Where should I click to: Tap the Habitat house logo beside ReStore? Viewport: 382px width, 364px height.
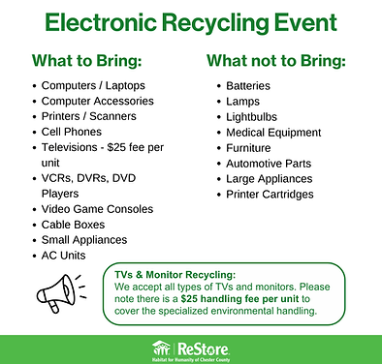point(161,349)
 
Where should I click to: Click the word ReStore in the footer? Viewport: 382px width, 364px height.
point(204,349)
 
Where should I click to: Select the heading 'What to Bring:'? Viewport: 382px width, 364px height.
point(87,61)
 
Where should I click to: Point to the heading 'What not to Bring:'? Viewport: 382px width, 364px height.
point(276,61)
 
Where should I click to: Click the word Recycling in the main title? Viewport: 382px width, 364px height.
point(215,23)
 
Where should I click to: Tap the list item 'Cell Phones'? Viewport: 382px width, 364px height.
point(72,132)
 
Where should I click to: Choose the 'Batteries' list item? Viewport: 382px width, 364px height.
point(248,86)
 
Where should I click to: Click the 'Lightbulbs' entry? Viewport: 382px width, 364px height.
point(251,117)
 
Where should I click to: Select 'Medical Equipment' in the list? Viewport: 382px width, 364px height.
point(273,133)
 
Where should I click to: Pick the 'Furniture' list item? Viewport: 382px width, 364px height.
point(248,148)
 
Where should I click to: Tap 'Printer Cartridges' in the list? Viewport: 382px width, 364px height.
point(270,195)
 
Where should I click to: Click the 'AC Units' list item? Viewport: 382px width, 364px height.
point(63,256)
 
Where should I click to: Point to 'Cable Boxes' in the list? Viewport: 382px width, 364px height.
point(73,225)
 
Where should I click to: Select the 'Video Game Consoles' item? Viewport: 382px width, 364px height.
point(97,209)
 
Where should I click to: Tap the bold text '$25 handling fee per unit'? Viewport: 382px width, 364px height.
point(239,299)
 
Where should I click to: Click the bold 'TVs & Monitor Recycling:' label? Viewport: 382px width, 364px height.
point(175,275)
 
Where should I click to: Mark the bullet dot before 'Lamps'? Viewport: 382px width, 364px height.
point(219,102)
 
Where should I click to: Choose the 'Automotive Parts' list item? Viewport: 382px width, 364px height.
point(269,164)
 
